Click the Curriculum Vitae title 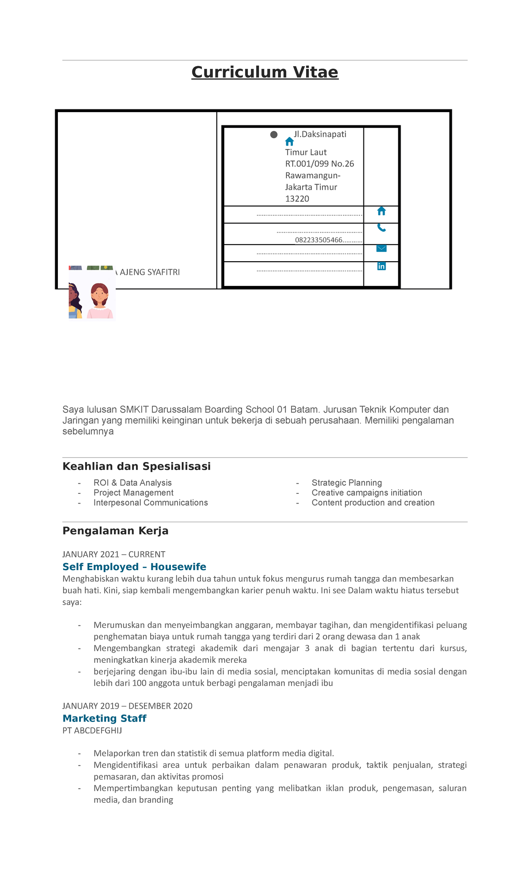265,72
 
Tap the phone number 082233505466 318,240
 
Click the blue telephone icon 382,228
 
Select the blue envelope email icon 382,248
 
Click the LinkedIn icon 382,266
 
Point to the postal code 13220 297,199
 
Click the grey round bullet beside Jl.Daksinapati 274,135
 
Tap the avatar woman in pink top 99,300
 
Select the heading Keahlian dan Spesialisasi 136,466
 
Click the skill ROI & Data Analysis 132,483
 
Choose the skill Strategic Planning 347,483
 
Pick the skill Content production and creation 373,503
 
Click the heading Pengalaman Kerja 115,531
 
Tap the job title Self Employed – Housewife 134,567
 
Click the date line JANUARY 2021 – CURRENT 114,554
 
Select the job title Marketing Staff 104,718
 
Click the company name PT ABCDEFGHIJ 92,730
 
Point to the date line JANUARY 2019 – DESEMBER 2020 127,706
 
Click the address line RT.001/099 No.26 319,164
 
